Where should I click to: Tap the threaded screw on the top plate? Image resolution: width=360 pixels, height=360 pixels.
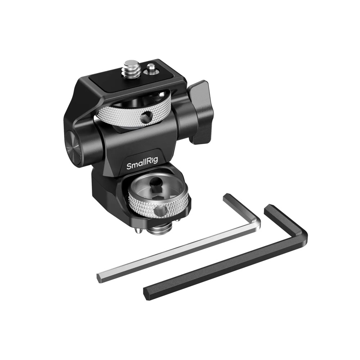(130, 68)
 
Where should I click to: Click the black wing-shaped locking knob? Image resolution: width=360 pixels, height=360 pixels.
(198, 112)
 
